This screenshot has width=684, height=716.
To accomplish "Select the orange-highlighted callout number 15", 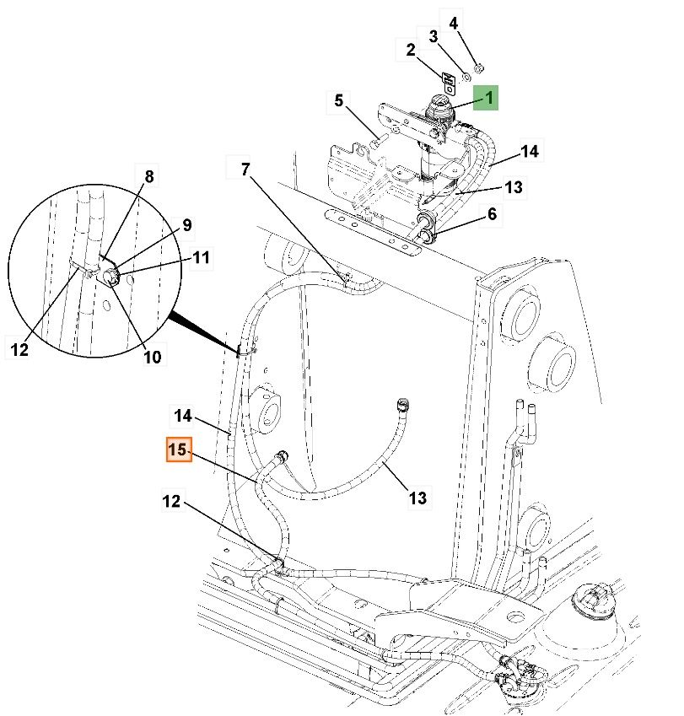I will pos(177,451).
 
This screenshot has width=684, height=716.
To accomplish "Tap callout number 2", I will pos(411,51).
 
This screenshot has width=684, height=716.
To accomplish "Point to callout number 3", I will pos(434,37).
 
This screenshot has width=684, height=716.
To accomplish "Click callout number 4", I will pos(454,23).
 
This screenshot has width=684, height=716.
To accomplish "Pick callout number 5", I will pos(338,101).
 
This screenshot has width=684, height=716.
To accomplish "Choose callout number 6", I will pos(492,214).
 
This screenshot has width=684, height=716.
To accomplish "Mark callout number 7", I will pos(245,170).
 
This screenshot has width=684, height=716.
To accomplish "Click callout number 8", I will pos(149,177).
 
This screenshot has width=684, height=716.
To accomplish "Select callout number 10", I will pos(152,357).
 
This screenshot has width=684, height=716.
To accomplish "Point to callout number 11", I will pos(200,258).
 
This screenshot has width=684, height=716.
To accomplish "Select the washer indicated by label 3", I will pos(466,76).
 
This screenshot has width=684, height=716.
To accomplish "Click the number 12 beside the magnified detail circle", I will pos(20,348).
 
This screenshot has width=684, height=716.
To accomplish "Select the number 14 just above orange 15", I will pos(183,416).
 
